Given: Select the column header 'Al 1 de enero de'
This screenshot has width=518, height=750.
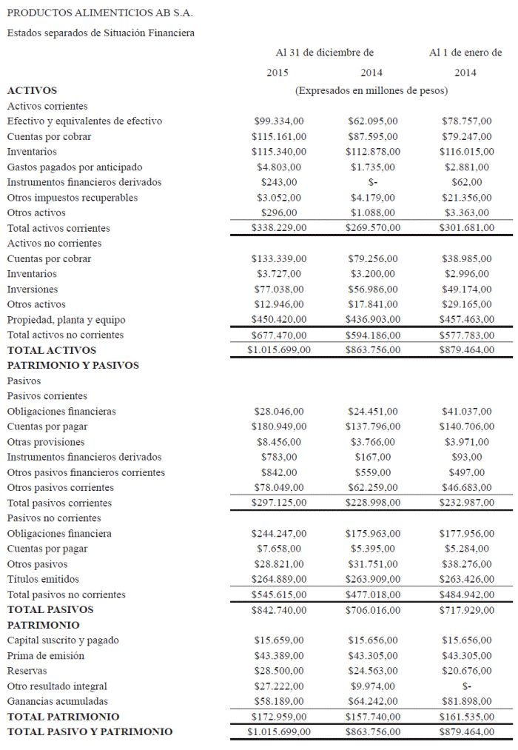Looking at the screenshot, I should point(465,53).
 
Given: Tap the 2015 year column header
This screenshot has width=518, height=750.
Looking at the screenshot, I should point(278,73).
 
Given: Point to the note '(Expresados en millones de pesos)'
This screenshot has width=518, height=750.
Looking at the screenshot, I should point(371,91).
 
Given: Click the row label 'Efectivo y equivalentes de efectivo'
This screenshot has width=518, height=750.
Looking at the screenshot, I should point(84,121).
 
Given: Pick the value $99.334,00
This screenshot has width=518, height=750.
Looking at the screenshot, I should point(279,121).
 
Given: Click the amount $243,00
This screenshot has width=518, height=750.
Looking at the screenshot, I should point(279,182).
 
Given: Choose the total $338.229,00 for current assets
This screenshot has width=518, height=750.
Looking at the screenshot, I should point(279,228).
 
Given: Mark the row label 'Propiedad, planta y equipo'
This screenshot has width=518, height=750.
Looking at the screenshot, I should point(66,320).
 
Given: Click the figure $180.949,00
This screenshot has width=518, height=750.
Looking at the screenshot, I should point(279,426).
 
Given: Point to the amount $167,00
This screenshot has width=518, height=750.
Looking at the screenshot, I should point(372,457).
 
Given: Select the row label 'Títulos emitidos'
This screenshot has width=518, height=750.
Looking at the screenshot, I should point(43,579).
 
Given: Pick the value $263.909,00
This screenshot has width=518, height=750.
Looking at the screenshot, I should point(372,579).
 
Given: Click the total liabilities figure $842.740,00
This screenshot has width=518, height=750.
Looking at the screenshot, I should point(279,610).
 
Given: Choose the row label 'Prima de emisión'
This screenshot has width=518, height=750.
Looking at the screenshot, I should point(45,656).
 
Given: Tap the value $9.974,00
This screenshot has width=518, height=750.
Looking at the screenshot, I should point(372,686).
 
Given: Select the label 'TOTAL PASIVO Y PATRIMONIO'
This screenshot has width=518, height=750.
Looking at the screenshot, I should point(90,732).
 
